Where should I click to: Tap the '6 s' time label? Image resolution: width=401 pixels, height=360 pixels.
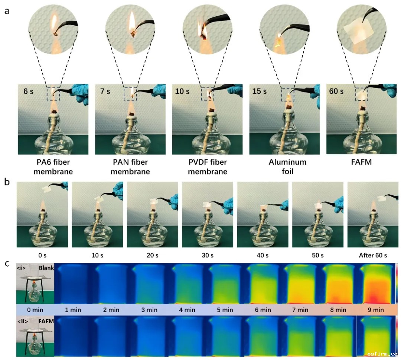click(28, 91)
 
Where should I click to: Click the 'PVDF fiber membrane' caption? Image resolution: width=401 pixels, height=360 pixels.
click(207, 167)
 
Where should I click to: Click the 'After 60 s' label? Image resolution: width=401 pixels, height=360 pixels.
click(372, 255)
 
